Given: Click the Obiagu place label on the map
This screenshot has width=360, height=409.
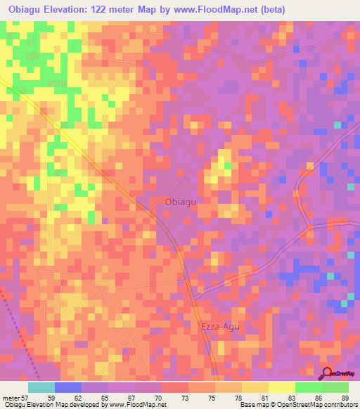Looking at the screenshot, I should (x=179, y=202).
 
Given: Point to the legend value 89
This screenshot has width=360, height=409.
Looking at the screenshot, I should (x=344, y=397).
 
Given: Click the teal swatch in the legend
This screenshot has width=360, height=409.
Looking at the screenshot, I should (x=41, y=387).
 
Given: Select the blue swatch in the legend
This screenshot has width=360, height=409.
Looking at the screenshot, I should (x=68, y=387).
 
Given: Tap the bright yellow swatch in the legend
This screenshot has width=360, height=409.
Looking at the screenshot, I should (x=281, y=387).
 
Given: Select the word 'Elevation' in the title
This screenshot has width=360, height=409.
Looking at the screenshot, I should (x=67, y=10).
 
